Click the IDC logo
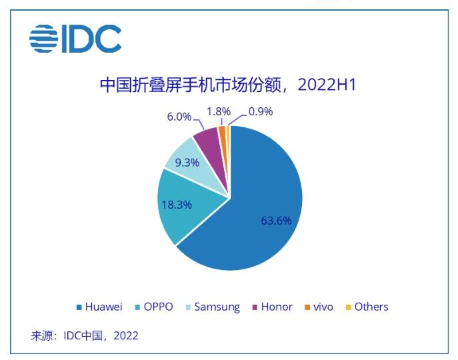75,39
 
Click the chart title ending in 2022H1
228,85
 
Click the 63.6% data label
276,221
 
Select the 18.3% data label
177,205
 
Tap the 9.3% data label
187,163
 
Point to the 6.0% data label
179,117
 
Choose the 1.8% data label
219,111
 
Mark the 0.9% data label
261,111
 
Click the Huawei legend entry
99,307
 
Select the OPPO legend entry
154,307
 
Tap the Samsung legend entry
213,307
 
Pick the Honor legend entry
273,307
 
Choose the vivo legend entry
319,307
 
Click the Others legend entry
367,307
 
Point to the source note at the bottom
85,336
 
